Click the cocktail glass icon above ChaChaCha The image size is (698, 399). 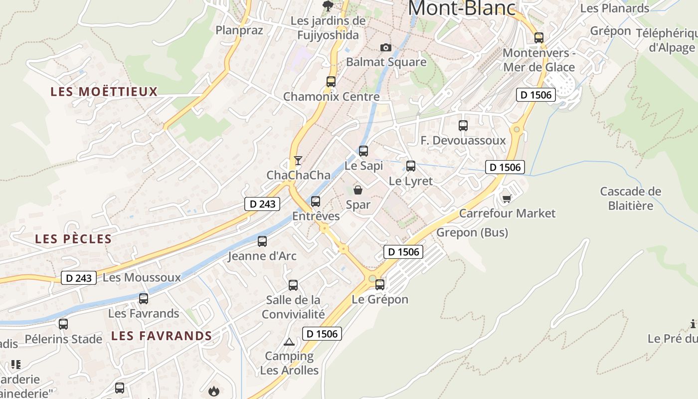(298, 160)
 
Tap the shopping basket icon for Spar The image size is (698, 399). (358, 190)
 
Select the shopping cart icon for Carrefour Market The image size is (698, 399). (507, 199)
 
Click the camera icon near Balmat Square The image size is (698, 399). (385, 47)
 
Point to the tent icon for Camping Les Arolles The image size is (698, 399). (289, 342)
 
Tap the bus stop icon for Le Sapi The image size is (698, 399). (363, 151)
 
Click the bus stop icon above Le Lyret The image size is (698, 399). (411, 166)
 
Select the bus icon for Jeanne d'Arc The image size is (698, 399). (262, 241)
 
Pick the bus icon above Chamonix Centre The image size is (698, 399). (331, 81)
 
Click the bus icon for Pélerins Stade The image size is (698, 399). (63, 324)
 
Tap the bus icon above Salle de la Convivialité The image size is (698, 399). (293, 285)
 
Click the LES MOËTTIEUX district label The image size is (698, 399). (104, 92)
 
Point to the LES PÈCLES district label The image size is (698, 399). (73, 239)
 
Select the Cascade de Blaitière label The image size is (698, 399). (631, 199)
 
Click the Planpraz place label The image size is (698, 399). (239, 30)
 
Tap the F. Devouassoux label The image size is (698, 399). (463, 141)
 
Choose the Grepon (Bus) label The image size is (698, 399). (472, 232)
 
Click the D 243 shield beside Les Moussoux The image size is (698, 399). (79, 278)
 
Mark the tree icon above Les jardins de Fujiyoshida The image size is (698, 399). (328, 6)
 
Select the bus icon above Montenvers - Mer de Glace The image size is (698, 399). (539, 37)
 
